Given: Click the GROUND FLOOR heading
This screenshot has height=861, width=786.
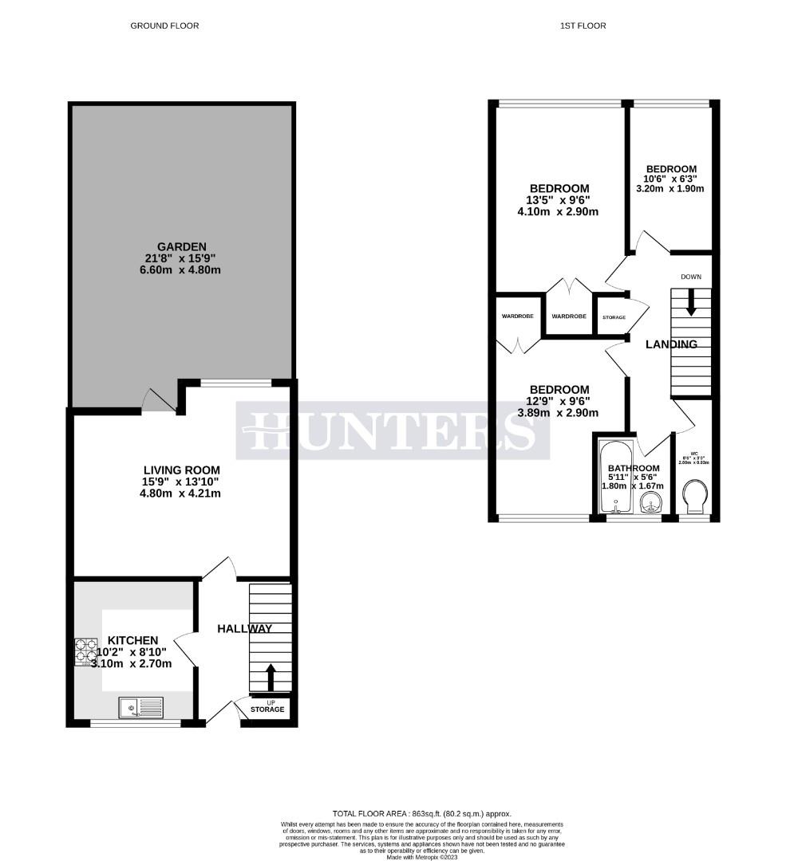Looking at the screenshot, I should click(164, 26).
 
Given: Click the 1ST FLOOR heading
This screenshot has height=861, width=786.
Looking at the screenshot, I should click(583, 26).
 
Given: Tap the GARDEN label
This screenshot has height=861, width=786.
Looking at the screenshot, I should click(181, 246).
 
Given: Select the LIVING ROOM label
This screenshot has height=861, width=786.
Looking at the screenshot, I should click(181, 470).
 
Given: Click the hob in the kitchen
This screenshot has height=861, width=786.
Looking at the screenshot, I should click(86, 651).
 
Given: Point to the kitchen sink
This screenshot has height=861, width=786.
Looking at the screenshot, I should click(140, 707).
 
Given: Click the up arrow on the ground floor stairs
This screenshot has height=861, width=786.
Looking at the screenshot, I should click(270, 677).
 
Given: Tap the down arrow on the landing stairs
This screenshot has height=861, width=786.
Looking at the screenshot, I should click(691, 301).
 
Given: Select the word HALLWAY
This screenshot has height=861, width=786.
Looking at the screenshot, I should click(245, 628).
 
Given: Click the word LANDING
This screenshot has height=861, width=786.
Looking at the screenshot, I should click(671, 344).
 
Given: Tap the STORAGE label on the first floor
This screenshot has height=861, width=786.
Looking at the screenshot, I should click(614, 317).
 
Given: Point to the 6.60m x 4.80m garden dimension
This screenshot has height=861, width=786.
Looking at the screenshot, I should click(181, 270).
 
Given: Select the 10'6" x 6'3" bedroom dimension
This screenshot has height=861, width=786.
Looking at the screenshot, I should click(671, 179).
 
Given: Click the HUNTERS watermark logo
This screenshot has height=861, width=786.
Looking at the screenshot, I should click(392, 431).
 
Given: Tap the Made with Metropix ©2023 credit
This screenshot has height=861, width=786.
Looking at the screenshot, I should click(421, 857).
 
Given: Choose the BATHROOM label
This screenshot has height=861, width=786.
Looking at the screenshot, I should click(634, 468).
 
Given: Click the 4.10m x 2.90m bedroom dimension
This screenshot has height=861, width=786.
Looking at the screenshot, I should click(558, 212).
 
